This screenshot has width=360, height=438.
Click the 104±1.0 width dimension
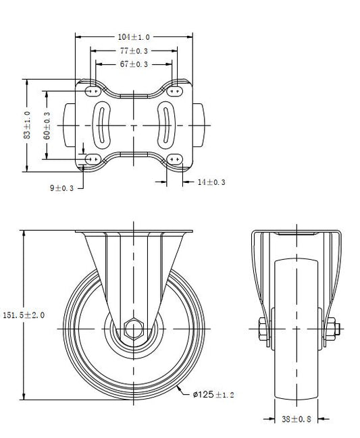(134, 37)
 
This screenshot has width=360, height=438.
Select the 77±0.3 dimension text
(134, 51)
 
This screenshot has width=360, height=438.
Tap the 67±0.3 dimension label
(134, 64)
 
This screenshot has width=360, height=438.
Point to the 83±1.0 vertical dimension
(27, 125)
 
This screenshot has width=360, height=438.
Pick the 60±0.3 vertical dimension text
(47, 126)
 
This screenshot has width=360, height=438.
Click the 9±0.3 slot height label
(61, 188)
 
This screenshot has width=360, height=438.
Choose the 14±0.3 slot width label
(211, 182)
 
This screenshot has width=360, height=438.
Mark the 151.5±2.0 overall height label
(24, 315)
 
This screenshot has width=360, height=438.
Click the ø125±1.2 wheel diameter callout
(213, 394)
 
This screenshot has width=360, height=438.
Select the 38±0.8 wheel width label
(297, 419)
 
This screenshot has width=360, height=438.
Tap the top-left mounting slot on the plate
(93, 91)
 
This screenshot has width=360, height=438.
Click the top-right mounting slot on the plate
(175, 91)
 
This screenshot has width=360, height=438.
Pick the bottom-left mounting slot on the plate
(93, 159)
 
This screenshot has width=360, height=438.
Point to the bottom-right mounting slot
(175, 159)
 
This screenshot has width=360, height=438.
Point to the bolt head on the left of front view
(263, 329)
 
